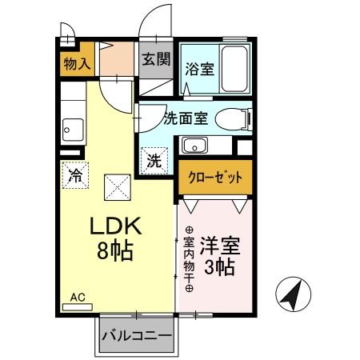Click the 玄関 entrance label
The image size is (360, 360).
point(157,58)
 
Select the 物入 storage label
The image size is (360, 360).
point(76,63)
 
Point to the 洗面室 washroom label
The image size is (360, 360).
point(186,119)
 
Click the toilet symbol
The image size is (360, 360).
point(234,119)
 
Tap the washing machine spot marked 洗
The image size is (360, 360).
point(155,159)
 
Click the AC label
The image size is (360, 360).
point(77,297)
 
